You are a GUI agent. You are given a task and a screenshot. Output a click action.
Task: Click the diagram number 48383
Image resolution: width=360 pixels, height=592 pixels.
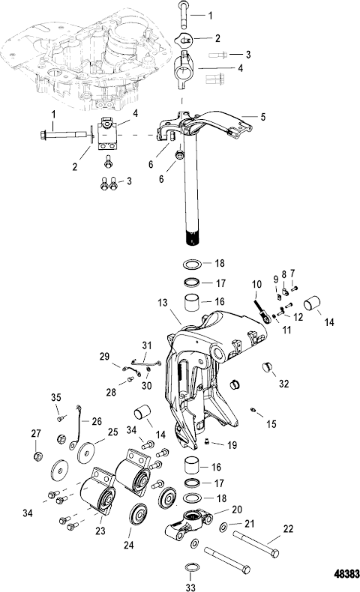point(346,574)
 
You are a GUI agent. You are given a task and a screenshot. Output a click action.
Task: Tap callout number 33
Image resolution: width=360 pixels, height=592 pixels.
point(190,587)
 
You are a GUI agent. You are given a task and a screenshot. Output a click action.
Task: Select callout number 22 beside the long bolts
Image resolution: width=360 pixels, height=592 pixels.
point(288,529)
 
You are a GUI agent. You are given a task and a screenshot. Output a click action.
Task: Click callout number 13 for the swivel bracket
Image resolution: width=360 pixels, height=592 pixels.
point(163,303)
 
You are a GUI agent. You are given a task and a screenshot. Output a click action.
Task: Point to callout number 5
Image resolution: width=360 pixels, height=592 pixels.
point(263,117)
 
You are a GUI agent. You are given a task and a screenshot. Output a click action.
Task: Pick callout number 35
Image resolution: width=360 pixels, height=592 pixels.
point(56,397)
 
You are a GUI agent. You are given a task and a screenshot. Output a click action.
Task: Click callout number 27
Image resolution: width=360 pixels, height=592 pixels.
point(36,433)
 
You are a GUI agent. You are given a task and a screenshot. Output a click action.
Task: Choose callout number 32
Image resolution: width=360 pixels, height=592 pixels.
point(283,384)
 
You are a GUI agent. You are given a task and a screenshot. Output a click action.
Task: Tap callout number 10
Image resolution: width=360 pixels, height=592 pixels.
point(256,284)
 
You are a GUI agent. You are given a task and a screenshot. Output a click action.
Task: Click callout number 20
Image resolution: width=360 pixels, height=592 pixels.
point(237,510)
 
